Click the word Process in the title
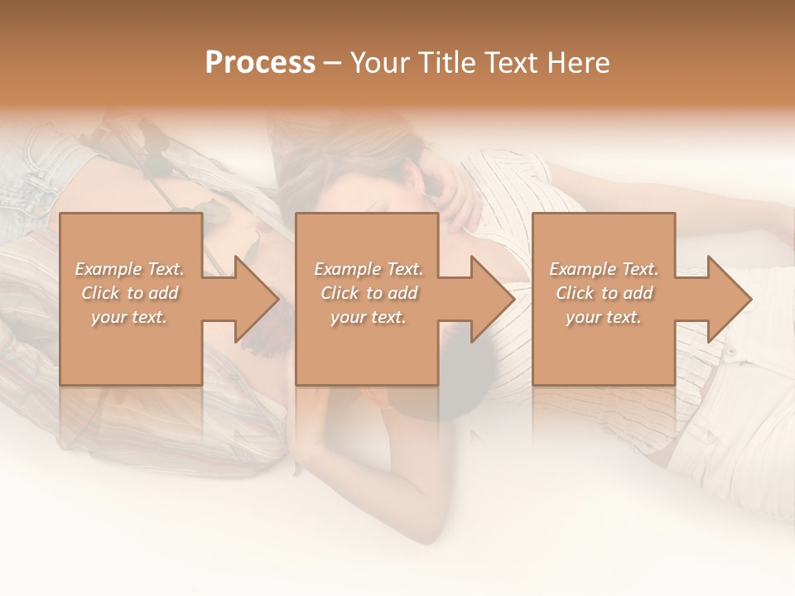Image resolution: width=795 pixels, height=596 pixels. [260, 63]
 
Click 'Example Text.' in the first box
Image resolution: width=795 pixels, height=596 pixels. [130, 269]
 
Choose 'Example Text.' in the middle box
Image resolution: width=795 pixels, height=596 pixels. [369, 269]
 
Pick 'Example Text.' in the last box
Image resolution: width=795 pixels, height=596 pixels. [604, 269]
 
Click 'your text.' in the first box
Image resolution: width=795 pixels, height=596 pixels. [129, 317]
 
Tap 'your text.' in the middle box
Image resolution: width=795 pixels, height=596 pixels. [369, 317]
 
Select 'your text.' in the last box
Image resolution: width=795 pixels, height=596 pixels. [604, 317]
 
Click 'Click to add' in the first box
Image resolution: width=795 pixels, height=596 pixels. [130, 293]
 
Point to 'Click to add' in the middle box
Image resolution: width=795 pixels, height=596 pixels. [369, 293]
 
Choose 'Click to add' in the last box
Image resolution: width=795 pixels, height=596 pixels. [604, 293]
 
